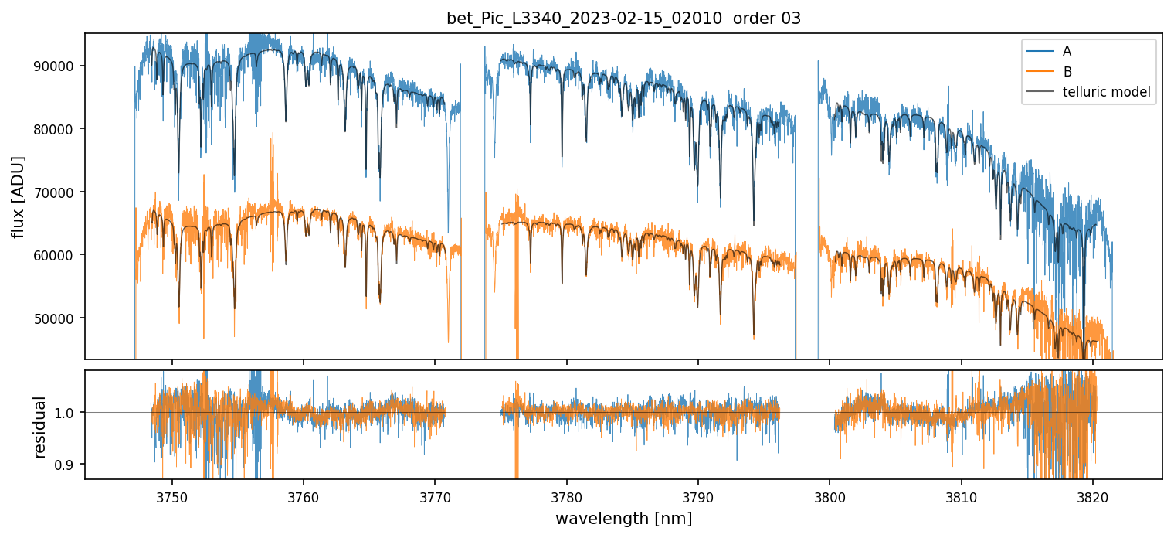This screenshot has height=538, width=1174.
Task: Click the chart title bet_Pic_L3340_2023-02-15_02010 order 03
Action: pyautogui.click(x=623, y=19)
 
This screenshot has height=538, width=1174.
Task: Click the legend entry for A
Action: pyautogui.click(x=1067, y=51)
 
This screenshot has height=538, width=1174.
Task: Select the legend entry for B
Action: pyautogui.click(x=1067, y=72)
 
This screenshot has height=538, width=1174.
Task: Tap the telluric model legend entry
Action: pyautogui.click(x=1106, y=92)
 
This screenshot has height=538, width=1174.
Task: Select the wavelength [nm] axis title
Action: pyautogui.click(x=623, y=519)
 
